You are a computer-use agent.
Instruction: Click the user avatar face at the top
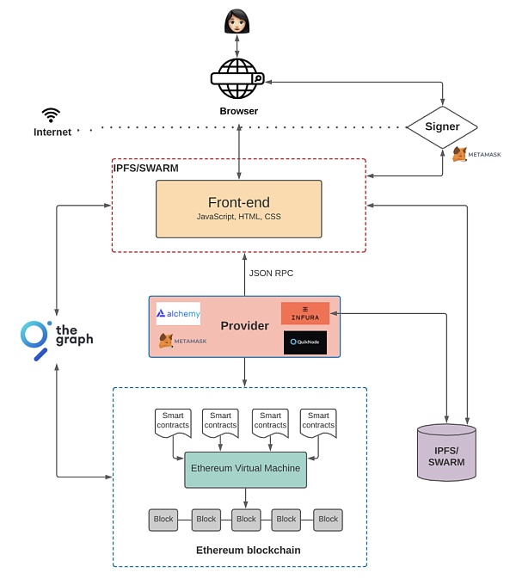236,21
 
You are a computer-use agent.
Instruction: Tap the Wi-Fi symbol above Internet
52,114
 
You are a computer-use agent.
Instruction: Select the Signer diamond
443,126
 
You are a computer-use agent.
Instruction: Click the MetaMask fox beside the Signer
460,154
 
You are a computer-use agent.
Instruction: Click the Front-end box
238,208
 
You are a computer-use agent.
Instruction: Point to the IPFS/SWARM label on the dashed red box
147,169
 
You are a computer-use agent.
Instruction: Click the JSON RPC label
271,274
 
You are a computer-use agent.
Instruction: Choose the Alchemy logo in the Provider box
178,314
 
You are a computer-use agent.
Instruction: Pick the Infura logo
305,313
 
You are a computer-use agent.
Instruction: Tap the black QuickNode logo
305,342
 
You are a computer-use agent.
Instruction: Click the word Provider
245,327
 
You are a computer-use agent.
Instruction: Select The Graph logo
56,338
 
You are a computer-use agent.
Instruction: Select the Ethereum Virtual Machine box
245,469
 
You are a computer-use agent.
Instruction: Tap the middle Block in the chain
246,520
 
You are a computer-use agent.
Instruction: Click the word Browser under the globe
238,111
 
